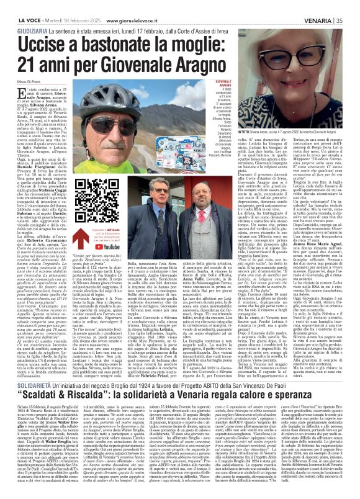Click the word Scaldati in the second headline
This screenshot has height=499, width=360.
50,333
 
